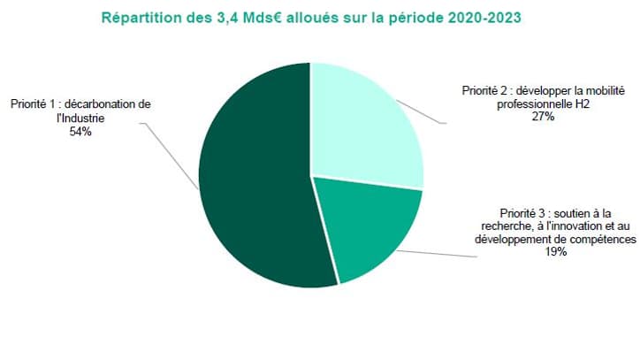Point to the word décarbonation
coord(103,104)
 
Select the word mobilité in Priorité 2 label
coord(590,90)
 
